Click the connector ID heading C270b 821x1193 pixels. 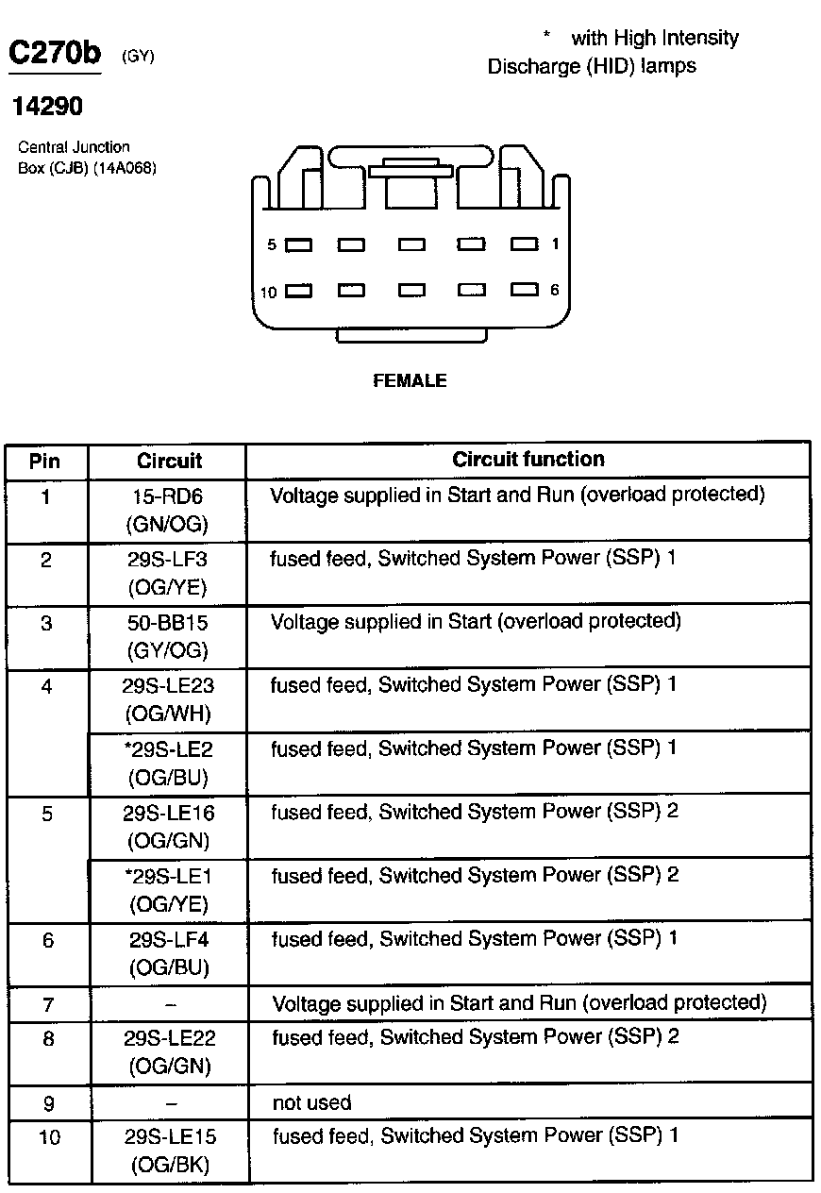pyautogui.click(x=54, y=53)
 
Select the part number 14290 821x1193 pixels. pyautogui.click(x=47, y=107)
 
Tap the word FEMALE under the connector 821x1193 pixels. pyautogui.click(x=410, y=381)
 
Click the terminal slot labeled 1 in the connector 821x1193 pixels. pyautogui.click(x=525, y=244)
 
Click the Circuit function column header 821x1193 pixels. pyautogui.click(x=528, y=460)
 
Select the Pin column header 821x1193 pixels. pyautogui.click(x=45, y=461)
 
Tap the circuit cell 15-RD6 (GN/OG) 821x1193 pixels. pyautogui.click(x=167, y=510)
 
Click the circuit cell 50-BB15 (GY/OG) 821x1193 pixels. pyautogui.click(x=167, y=636)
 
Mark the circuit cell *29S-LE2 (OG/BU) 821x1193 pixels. pyautogui.click(x=167, y=763)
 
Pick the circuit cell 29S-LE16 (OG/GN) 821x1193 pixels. pyautogui.click(x=167, y=826)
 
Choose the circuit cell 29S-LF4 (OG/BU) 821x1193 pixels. pyautogui.click(x=167, y=953)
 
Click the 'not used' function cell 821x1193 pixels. pyautogui.click(x=311, y=1102)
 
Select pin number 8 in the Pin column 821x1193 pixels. pyautogui.click(x=47, y=1039)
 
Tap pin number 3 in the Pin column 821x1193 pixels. pyautogui.click(x=46, y=624)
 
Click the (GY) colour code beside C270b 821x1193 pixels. pyautogui.click(x=138, y=57)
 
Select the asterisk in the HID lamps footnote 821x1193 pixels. pyautogui.click(x=546, y=36)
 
